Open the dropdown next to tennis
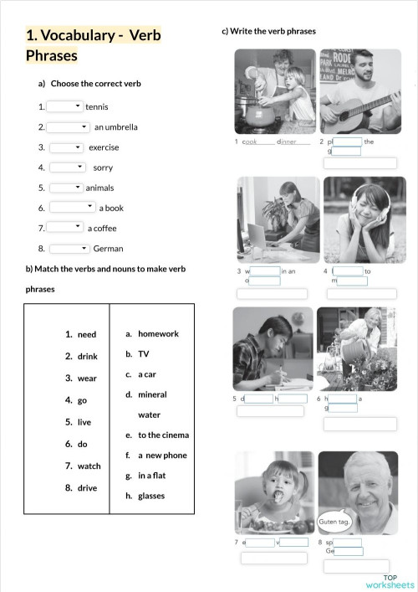coord(65,106)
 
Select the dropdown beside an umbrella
coord(68,127)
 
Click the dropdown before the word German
coord(69,249)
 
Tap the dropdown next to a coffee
coord(64,228)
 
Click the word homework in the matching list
coord(158,334)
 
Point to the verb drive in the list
coord(87,488)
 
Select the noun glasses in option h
coord(151,496)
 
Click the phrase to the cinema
coord(163,435)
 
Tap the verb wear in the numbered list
coord(87,378)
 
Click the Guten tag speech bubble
coord(334,522)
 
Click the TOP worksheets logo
coord(390,581)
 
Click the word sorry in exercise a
coord(103,167)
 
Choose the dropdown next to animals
coord(66,188)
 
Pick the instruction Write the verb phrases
coord(269,32)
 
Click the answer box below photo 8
coord(356,566)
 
